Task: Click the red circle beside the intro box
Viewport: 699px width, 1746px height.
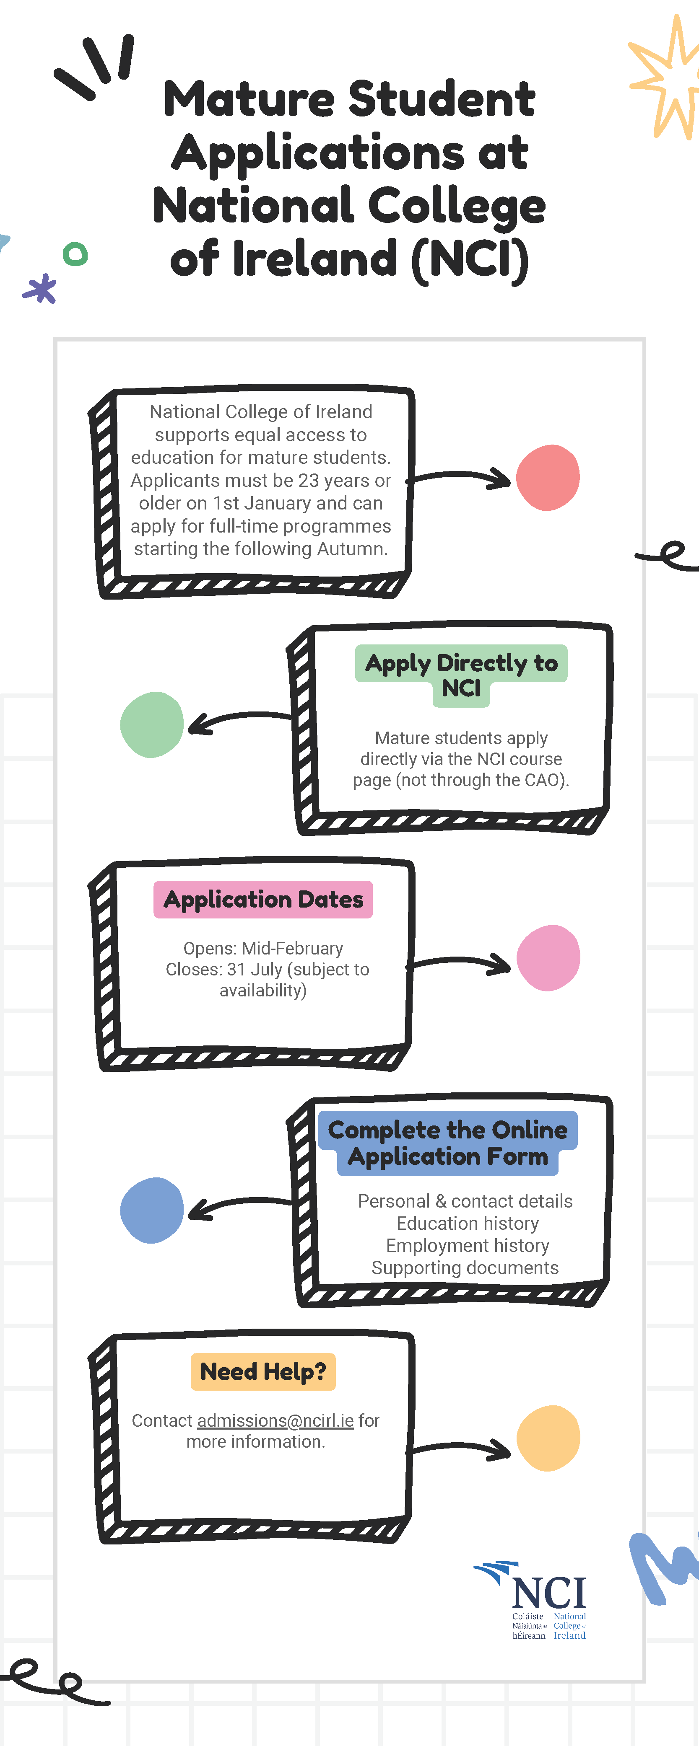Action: (548, 477)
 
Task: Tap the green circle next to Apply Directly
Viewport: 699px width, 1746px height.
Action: (152, 724)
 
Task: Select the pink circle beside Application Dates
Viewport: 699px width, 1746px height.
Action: (548, 958)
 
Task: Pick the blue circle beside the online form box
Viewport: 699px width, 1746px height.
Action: (152, 1210)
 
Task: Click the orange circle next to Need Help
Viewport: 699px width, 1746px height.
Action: (548, 1438)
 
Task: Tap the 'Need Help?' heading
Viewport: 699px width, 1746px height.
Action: (263, 1371)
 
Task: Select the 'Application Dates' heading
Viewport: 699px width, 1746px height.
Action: (263, 900)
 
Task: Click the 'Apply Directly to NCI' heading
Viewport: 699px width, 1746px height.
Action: (461, 675)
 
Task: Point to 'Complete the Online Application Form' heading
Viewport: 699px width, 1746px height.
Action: (447, 1143)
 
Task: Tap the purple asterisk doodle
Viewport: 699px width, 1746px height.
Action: (40, 288)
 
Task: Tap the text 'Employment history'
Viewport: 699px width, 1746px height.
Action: (468, 1245)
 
